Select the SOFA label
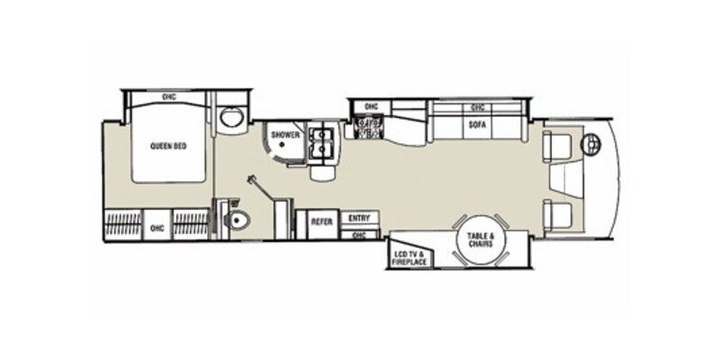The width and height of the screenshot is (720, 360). (478, 125)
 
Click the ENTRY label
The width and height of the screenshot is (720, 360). (359, 218)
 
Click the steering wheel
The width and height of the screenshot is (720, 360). (593, 142)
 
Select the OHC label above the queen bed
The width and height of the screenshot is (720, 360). (168, 97)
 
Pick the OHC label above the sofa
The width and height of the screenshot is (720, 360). (478, 107)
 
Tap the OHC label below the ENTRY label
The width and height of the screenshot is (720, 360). (359, 235)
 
